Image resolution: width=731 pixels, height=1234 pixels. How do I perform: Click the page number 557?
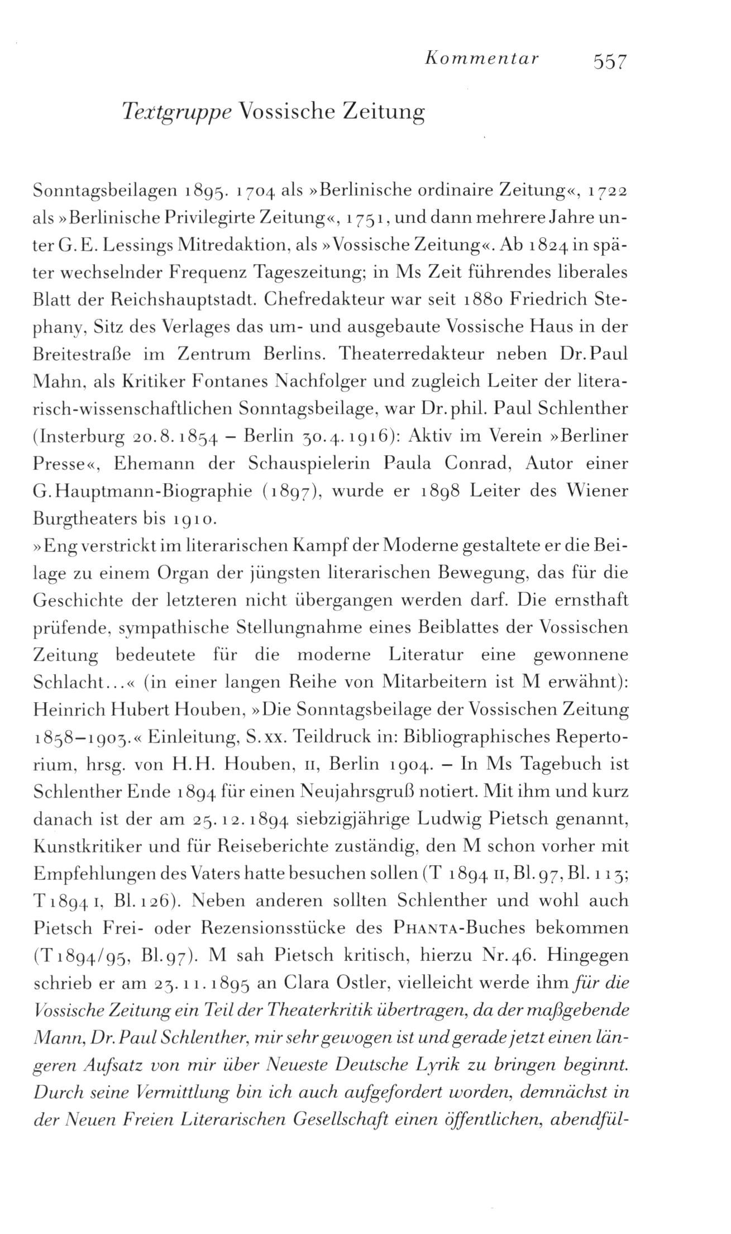click(611, 60)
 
